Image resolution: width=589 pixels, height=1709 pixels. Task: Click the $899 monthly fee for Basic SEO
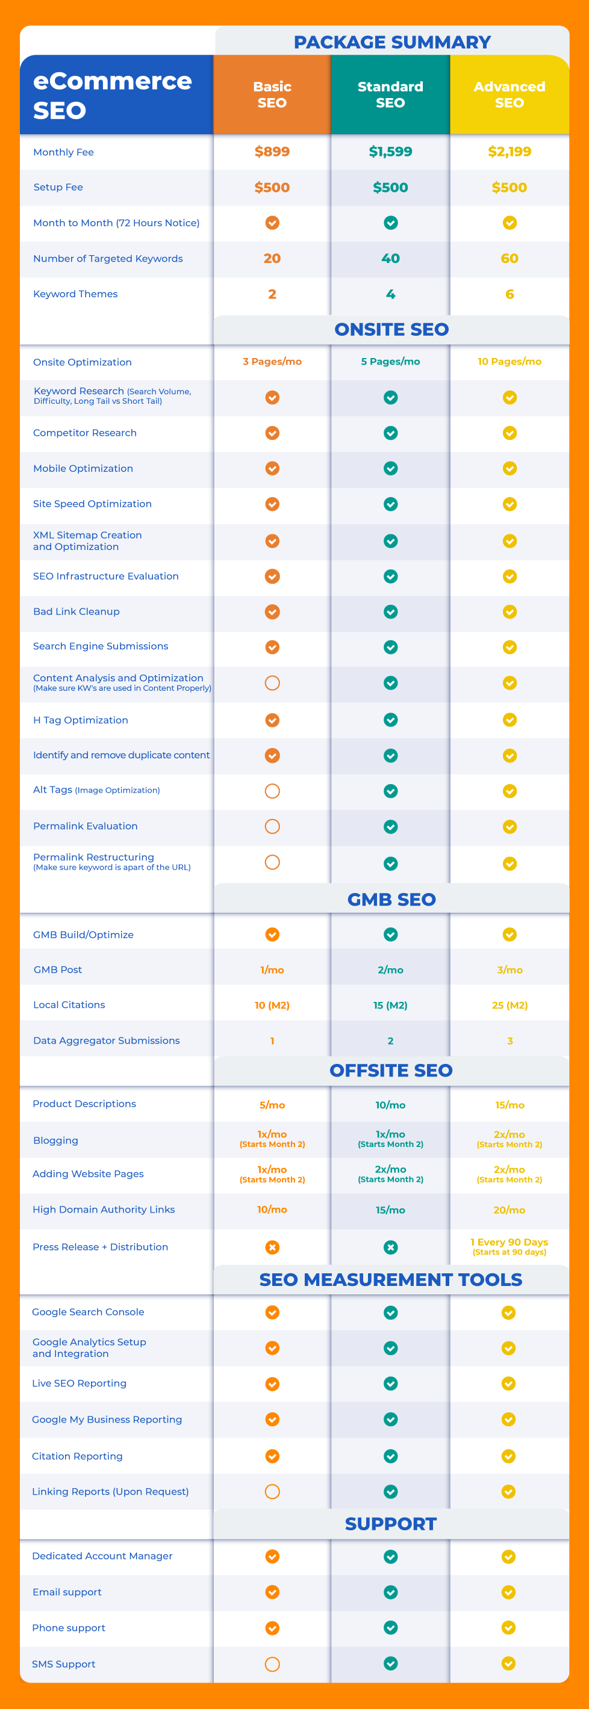[272, 152]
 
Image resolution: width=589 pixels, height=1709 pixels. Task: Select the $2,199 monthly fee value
[510, 152]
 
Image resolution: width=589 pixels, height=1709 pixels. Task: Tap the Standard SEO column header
[390, 95]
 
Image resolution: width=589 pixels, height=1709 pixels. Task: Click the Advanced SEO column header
[510, 95]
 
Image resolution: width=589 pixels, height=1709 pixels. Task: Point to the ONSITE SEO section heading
[391, 329]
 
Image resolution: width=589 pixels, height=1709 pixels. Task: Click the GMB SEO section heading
[391, 899]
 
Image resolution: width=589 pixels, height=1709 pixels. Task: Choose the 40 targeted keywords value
[390, 259]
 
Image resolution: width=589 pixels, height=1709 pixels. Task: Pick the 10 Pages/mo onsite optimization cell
[510, 362]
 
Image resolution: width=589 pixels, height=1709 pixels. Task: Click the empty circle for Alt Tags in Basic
[272, 791]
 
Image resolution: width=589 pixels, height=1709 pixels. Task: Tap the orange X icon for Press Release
[272, 1247]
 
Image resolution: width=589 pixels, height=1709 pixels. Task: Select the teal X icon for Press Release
[390, 1247]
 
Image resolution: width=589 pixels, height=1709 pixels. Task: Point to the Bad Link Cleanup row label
[76, 611]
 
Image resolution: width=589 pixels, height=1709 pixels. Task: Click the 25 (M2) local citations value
[510, 1005]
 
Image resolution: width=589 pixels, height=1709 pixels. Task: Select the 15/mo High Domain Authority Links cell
[390, 1210]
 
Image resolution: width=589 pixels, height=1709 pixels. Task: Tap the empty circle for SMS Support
[272, 1664]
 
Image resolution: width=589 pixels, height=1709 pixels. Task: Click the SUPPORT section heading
[390, 1524]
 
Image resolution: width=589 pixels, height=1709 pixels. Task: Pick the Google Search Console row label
[88, 1312]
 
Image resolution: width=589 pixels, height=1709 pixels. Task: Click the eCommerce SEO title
[112, 96]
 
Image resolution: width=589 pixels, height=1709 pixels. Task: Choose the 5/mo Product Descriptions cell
[272, 1105]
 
